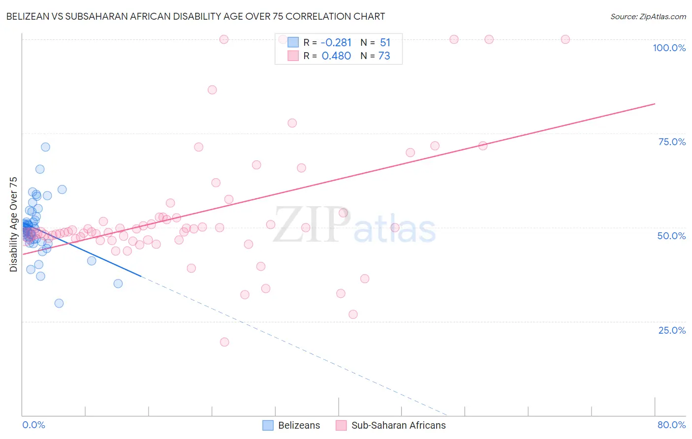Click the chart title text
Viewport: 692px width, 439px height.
pos(195,17)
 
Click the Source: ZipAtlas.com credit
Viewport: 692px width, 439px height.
pos(648,17)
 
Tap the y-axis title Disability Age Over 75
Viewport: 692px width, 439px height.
pos(14,224)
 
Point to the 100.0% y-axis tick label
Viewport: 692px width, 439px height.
pos(669,48)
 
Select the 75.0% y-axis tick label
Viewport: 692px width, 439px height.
pos(671,142)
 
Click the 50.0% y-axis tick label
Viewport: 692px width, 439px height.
pos(671,236)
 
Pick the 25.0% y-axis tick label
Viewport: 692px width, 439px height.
pos(671,330)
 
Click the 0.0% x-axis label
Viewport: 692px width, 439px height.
pos(33,425)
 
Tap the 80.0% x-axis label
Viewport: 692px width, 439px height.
pos(671,425)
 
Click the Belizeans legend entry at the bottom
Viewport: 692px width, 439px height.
pos(291,425)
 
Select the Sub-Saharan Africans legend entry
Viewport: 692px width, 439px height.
pos(391,425)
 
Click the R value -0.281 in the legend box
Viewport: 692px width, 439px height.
pos(336,43)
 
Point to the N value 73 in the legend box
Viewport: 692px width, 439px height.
pos(384,56)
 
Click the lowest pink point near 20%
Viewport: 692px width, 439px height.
pos(224,342)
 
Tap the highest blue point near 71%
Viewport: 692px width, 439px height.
pos(45,147)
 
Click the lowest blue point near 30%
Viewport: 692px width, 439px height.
pos(59,303)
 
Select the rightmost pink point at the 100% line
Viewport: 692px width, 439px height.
pos(565,39)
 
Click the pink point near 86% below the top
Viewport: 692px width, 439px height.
pos(212,90)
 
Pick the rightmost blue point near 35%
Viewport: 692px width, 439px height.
pos(118,283)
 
